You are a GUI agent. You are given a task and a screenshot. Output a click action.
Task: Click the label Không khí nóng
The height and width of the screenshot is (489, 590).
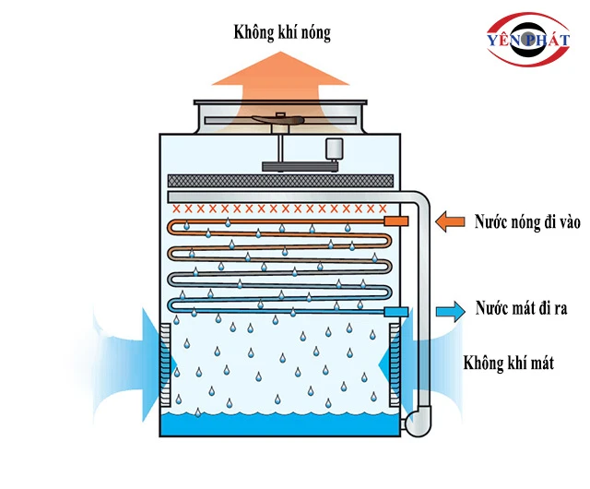[x=281, y=34]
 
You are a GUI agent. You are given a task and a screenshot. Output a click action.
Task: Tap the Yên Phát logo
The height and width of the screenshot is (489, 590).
[x=527, y=41]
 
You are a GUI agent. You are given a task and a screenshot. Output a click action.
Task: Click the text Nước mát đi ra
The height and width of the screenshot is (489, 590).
[x=521, y=308]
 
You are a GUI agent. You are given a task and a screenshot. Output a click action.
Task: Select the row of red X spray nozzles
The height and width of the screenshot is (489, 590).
[x=277, y=209]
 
